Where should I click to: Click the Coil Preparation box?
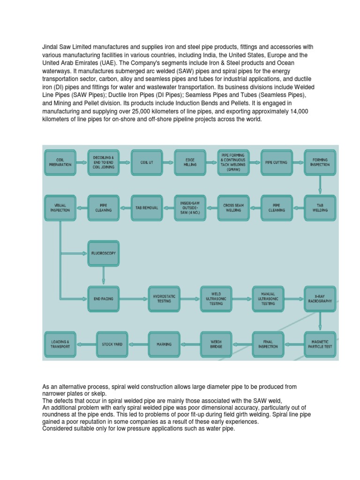[x=60, y=162]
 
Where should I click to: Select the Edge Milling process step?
[x=190, y=162]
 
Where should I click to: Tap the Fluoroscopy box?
[x=104, y=253]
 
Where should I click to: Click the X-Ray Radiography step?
[x=320, y=299]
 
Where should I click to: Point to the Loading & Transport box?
[x=60, y=344]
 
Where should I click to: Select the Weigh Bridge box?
[x=216, y=344]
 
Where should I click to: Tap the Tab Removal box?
[x=147, y=208]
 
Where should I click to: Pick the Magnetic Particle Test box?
[x=320, y=344]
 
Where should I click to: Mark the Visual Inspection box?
[x=60, y=208]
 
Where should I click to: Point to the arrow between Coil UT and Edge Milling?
[x=168, y=163]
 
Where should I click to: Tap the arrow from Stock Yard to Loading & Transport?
[x=86, y=345]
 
